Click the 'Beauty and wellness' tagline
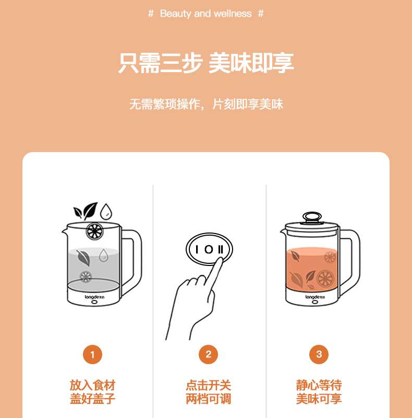point(205,14)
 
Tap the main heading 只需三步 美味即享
point(206,63)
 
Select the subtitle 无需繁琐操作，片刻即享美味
point(206,104)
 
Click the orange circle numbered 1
point(93,355)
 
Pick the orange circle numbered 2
point(209,354)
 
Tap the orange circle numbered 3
point(319,354)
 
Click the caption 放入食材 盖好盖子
point(93,392)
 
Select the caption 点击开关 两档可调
point(209,392)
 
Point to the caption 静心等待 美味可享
point(319,392)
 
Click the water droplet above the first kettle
point(106,212)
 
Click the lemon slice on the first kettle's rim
point(94,231)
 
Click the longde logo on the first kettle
point(94,297)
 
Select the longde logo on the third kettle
point(315,297)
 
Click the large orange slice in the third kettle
point(325,278)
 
